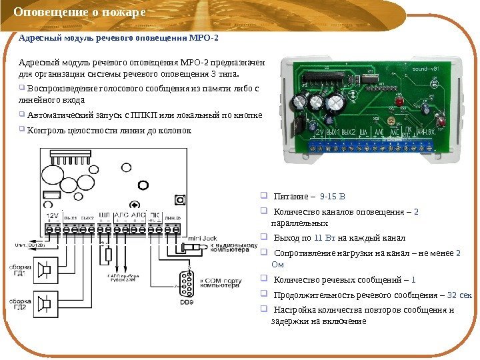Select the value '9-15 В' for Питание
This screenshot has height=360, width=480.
(x=333, y=197)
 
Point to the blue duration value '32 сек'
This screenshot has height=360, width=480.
(x=459, y=295)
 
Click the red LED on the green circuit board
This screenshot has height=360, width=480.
(x=399, y=103)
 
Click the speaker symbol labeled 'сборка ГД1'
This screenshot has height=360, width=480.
(x=45, y=269)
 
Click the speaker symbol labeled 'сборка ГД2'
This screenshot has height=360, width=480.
(x=45, y=304)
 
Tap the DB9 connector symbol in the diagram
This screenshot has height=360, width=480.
(x=183, y=283)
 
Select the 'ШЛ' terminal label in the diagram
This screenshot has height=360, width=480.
(x=104, y=215)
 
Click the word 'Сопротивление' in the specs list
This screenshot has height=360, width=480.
(x=307, y=253)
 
